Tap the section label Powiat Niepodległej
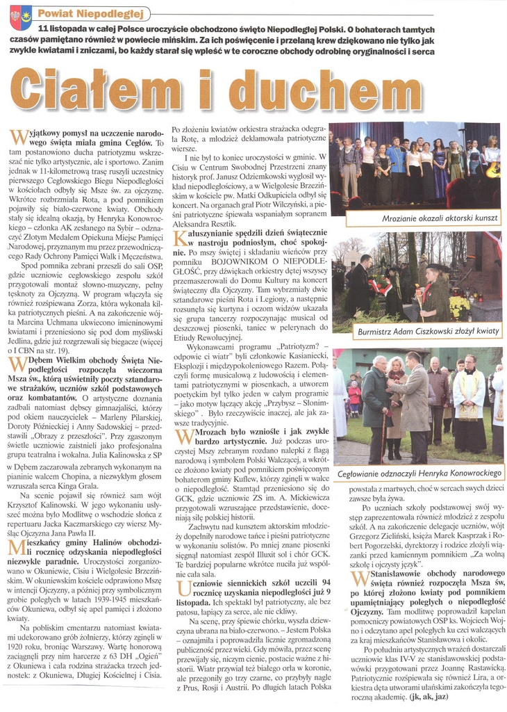[x=91, y=13]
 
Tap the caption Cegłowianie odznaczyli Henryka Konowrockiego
[x=419, y=473]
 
